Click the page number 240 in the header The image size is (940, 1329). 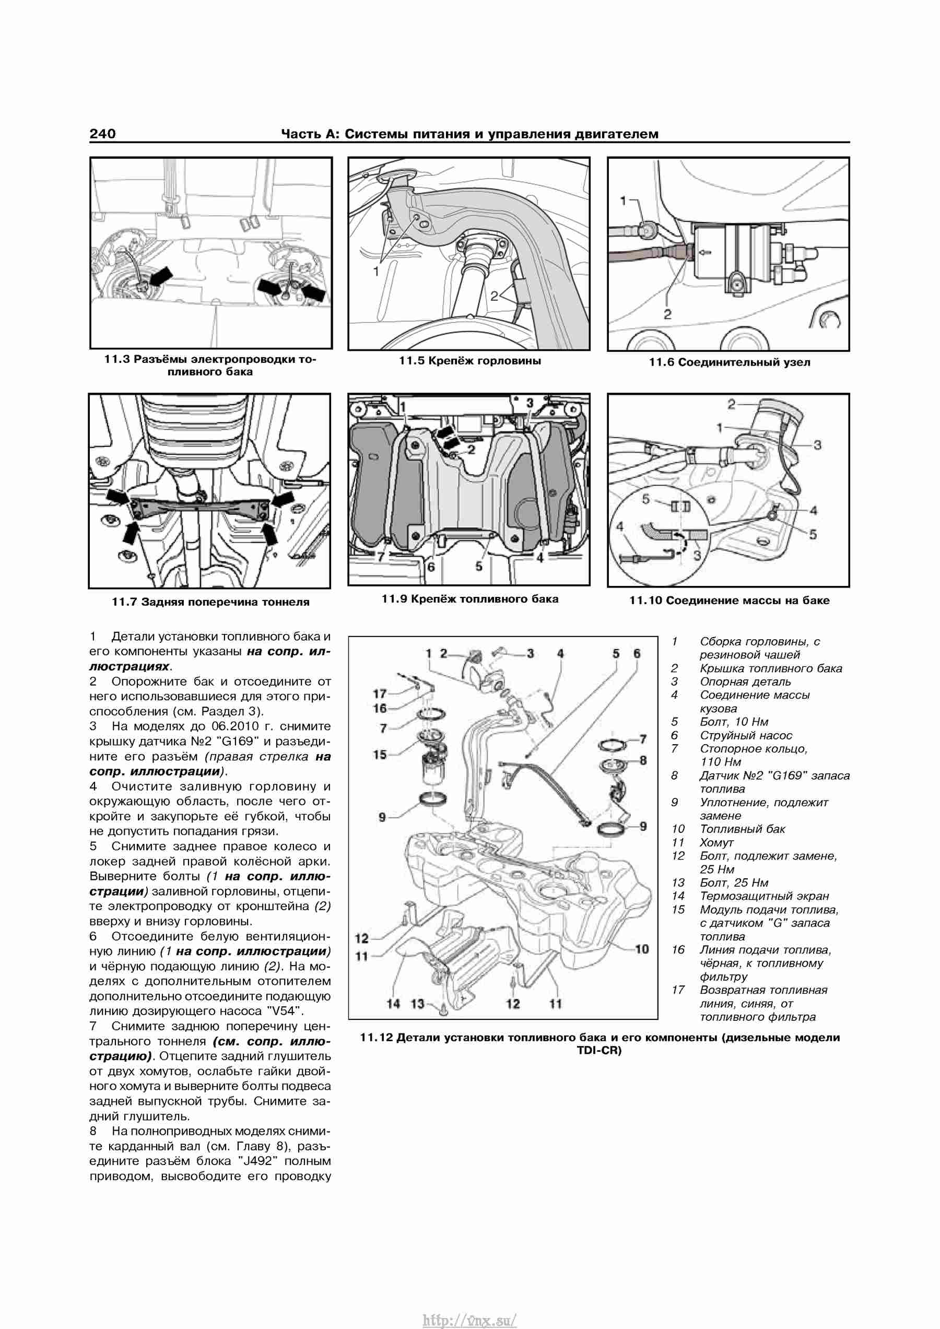coord(102,134)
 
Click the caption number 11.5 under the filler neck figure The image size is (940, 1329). coord(412,361)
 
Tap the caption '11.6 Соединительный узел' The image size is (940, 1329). coord(730,362)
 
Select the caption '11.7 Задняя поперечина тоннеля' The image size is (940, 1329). coord(210,602)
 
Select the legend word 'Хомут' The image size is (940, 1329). coord(716,842)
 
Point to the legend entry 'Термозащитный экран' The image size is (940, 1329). coord(764,896)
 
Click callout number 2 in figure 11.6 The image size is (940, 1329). coord(667,314)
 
